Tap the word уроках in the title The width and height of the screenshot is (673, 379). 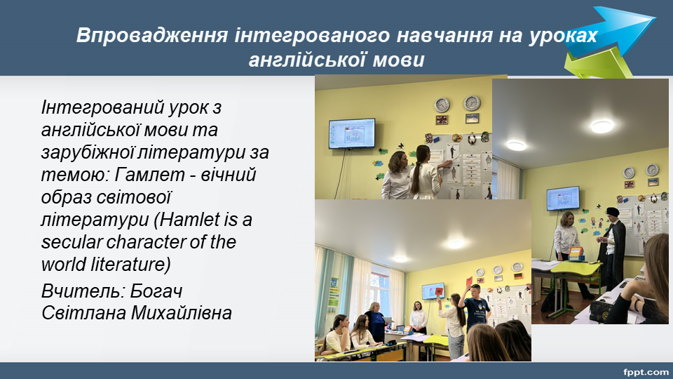pos(563,36)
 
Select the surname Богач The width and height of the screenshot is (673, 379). pos(156,291)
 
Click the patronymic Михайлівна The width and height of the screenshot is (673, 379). pos(181,313)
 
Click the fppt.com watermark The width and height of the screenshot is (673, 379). pos(646,372)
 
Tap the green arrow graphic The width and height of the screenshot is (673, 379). pos(597,64)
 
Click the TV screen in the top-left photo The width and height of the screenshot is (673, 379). pos(352,133)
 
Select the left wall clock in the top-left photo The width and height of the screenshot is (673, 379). pos(442,105)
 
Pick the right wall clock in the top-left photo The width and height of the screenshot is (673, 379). pos(472,103)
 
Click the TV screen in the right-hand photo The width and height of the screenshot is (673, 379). pos(563,198)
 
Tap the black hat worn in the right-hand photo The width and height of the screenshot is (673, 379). pos(613,211)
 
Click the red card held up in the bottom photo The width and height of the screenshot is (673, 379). pos(439,292)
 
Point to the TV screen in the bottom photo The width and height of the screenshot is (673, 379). pos(433,291)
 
